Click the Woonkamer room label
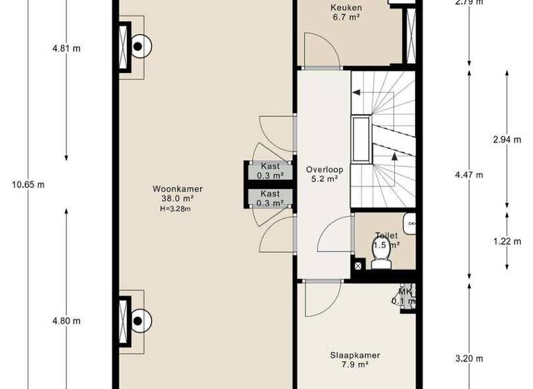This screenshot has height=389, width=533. click(x=173, y=188)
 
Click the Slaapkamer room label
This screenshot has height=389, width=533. click(x=355, y=355)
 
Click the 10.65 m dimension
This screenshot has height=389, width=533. click(x=28, y=185)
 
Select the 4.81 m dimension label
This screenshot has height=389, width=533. click(x=66, y=49)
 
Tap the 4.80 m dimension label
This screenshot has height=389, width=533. click(x=66, y=321)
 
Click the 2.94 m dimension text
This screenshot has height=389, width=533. click(x=507, y=140)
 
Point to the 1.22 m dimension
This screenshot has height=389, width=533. click(x=507, y=242)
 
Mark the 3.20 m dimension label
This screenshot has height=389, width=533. click(x=470, y=359)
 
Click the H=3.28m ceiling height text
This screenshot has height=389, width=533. click(x=174, y=208)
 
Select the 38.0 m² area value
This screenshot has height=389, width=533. click(x=174, y=198)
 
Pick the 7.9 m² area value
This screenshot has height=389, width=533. click(x=355, y=365)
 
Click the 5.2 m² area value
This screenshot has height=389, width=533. click(x=322, y=179)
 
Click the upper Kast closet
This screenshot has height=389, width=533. click(x=269, y=171)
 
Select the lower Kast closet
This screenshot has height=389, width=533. click(x=269, y=198)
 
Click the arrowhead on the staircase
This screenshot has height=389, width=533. click(x=395, y=156)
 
